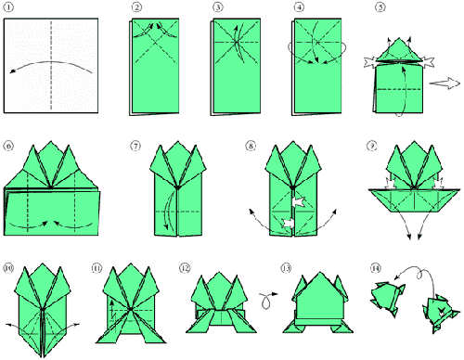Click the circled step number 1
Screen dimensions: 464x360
tap(8, 6)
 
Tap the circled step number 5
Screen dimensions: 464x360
tap(380, 6)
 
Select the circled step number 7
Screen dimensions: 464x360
tap(135, 146)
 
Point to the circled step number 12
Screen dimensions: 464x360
tap(185, 268)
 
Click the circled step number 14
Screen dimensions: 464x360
tap(375, 268)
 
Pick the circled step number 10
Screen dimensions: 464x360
tap(8, 268)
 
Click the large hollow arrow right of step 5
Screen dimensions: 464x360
tap(445, 84)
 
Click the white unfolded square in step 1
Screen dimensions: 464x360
tap(51, 66)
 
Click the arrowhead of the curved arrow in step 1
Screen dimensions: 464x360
tap(12, 71)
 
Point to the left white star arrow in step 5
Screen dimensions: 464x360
tap(370, 62)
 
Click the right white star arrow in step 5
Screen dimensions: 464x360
tap(428, 61)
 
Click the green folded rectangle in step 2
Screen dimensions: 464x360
tap(155, 66)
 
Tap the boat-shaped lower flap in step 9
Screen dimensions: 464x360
tap(415, 200)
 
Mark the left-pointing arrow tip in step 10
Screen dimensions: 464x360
tap(6, 324)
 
